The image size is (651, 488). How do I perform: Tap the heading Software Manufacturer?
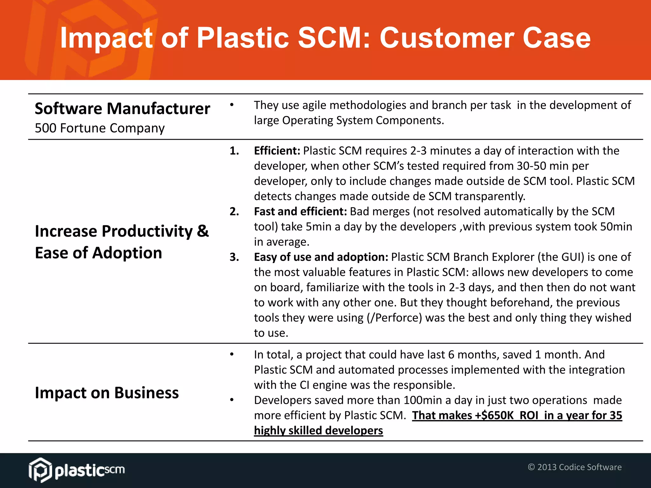[122, 109]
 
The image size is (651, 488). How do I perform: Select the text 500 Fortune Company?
[100, 128]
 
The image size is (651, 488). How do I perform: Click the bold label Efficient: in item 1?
[277, 151]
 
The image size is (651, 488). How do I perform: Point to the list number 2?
[234, 212]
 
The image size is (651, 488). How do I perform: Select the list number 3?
[234, 257]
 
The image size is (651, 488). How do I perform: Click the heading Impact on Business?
[107, 393]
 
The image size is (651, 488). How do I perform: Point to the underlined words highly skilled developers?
[319, 431]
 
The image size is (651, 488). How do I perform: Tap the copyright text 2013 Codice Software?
[579, 467]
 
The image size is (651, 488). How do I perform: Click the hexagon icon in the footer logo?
[40, 470]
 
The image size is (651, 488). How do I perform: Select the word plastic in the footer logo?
[79, 471]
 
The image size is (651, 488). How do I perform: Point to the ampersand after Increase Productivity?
[202, 231]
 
